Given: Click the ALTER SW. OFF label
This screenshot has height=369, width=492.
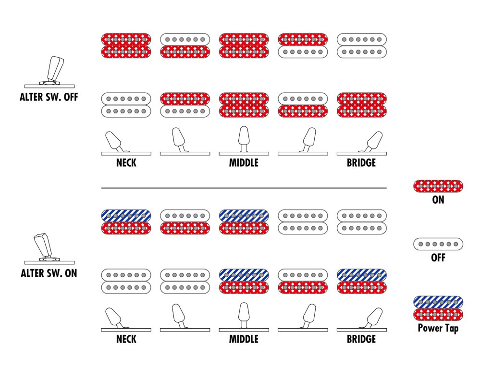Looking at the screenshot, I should (x=49, y=97).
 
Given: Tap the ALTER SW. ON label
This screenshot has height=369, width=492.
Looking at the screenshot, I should (x=49, y=274).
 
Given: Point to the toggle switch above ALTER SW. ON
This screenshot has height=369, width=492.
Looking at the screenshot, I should (x=46, y=246).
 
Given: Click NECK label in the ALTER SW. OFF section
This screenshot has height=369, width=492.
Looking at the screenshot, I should (x=126, y=163).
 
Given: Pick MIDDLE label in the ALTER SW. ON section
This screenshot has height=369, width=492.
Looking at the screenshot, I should (x=244, y=339).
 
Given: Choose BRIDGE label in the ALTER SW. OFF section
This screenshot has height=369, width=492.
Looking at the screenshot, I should (x=361, y=163).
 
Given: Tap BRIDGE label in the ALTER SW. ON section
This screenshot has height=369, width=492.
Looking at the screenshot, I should (x=361, y=339).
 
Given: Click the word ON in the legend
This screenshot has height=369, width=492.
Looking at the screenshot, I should (x=438, y=199).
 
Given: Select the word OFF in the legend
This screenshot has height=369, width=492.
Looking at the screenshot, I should (x=438, y=258).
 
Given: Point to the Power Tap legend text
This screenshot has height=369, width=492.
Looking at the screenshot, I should (x=438, y=329).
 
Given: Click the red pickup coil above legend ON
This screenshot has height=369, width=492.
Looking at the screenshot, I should (x=438, y=186).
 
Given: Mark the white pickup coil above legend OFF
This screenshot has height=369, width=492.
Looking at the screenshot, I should (x=438, y=244).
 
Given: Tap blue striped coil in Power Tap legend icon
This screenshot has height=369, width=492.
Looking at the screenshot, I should (x=438, y=302).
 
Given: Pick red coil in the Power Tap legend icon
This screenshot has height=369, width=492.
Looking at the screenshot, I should (x=438, y=315).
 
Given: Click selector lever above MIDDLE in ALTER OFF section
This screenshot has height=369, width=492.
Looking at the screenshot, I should (x=244, y=136).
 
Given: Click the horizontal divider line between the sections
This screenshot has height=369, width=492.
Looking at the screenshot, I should (x=244, y=188).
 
